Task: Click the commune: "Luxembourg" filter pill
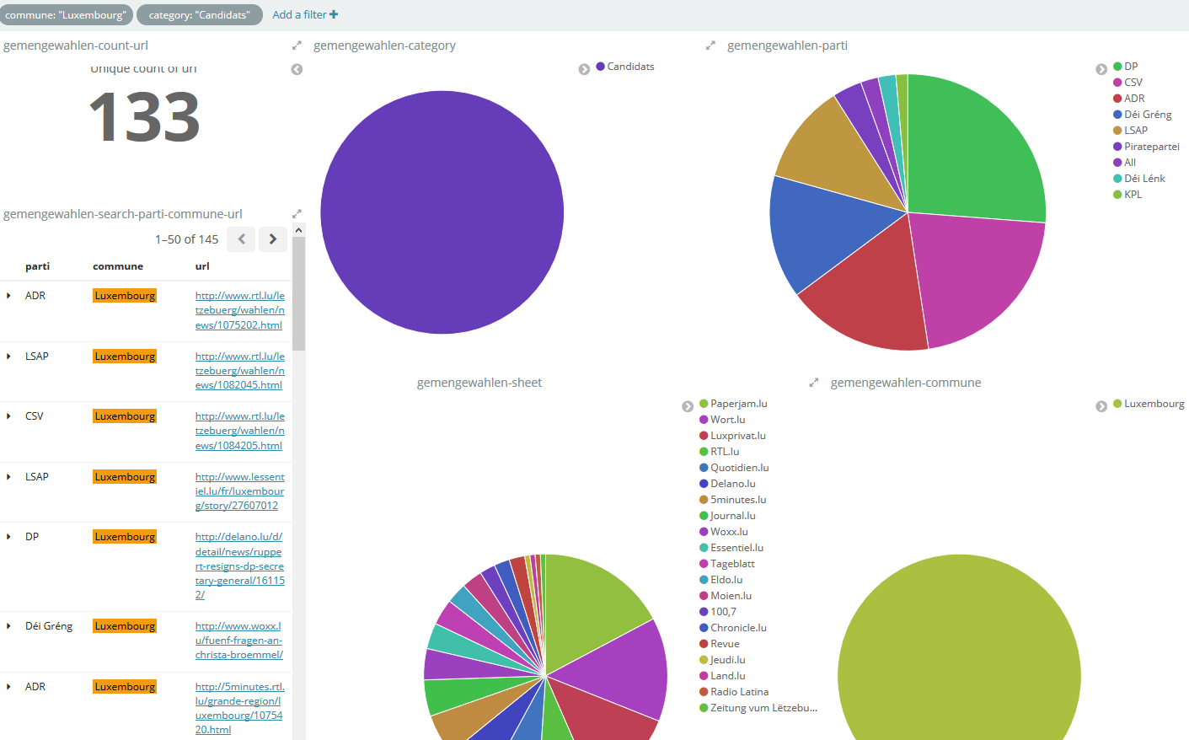tap(65, 15)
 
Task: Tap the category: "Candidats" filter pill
tap(199, 15)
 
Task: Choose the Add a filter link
tap(305, 15)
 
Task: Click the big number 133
tap(144, 117)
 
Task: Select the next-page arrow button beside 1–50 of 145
tap(273, 239)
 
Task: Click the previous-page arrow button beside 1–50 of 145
tap(242, 239)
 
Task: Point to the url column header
tap(202, 266)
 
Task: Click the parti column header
tap(37, 266)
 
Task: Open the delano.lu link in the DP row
tap(239, 566)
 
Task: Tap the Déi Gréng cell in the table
tap(49, 626)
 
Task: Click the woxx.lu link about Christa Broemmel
tap(238, 641)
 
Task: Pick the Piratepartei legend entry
tap(1146, 147)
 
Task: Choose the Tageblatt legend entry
tap(726, 564)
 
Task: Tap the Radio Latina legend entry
tap(734, 692)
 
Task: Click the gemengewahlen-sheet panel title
tap(479, 383)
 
